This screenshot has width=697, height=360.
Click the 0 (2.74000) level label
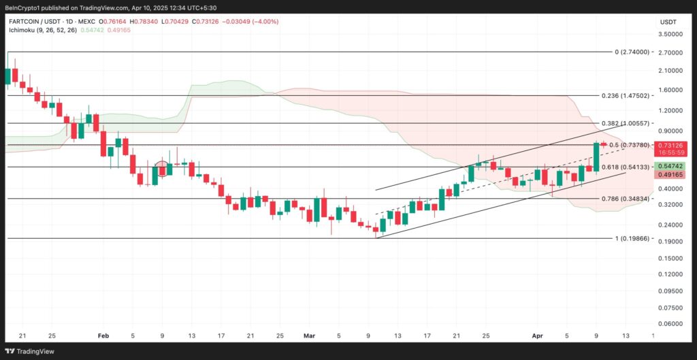pyautogui.click(x=633, y=52)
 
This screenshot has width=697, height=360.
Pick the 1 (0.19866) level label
pyautogui.click(x=633, y=238)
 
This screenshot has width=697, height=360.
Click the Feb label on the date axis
pyautogui.click(x=103, y=336)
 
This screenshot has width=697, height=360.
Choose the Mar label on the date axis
pyautogui.click(x=310, y=336)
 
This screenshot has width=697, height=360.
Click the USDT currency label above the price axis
pyautogui.click(x=667, y=22)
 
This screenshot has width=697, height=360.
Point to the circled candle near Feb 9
pyautogui.click(x=161, y=167)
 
